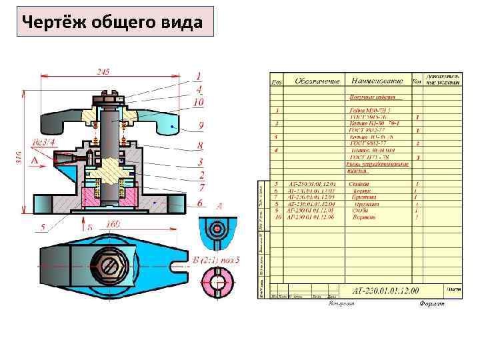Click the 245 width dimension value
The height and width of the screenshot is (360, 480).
pyautogui.click(x=103, y=71)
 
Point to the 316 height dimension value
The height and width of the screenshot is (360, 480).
pyautogui.click(x=18, y=158)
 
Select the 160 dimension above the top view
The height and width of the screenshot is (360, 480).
pyautogui.click(x=113, y=225)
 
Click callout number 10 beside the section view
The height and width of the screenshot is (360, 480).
pyautogui.click(x=199, y=103)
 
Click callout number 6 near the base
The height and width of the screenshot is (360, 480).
pyautogui.click(x=201, y=202)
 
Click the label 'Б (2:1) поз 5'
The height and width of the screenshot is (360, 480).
pyautogui.click(x=216, y=259)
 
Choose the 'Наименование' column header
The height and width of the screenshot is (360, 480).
pyautogui.click(x=377, y=81)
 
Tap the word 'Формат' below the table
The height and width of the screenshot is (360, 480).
pyautogui.click(x=433, y=304)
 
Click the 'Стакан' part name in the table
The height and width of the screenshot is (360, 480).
pyautogui.click(x=363, y=183)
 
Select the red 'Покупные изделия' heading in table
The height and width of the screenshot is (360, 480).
pyautogui.click(x=371, y=97)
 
